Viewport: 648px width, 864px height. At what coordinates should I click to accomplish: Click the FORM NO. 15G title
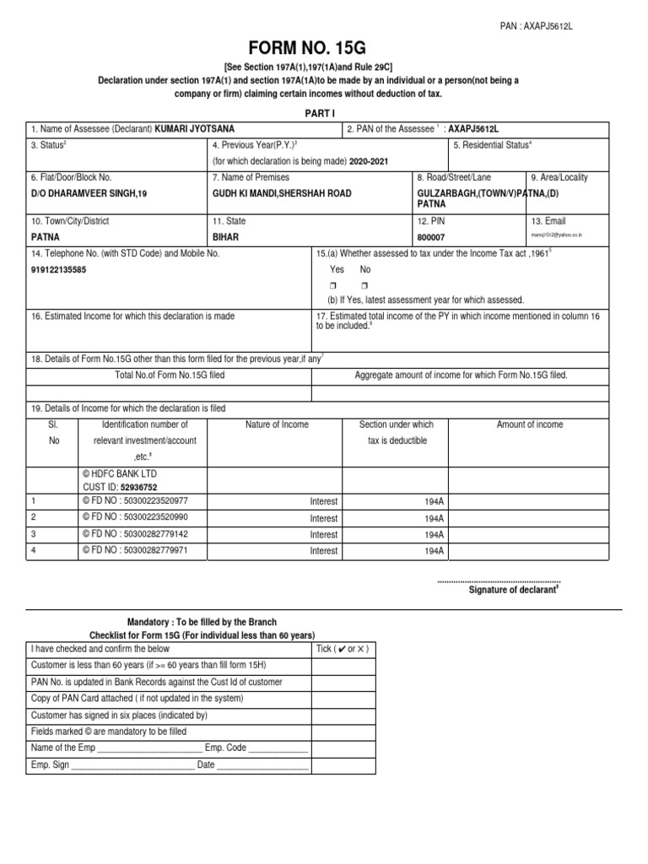(x=323, y=50)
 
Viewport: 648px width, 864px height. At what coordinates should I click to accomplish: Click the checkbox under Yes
(x=335, y=285)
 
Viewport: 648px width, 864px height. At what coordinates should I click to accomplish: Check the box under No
(x=364, y=285)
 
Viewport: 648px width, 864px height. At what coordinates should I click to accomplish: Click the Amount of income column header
(x=530, y=424)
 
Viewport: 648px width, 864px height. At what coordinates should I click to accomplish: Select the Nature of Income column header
(x=277, y=424)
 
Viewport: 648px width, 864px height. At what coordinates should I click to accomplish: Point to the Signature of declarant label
(x=514, y=590)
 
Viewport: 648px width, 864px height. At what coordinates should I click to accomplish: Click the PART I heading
(x=323, y=113)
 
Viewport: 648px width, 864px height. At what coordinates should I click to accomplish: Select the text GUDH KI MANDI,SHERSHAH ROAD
(x=282, y=193)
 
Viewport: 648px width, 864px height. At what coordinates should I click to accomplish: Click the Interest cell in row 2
(x=323, y=518)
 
